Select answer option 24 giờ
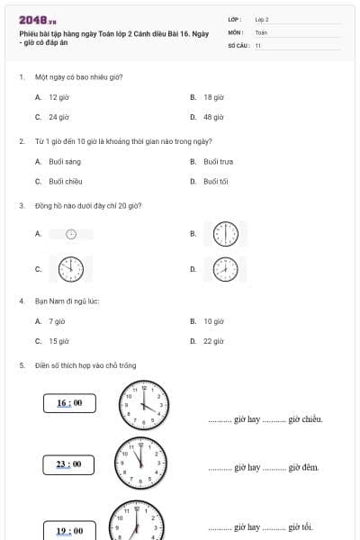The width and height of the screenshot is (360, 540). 58,117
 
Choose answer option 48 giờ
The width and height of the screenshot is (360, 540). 213,117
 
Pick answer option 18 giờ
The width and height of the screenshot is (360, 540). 213,96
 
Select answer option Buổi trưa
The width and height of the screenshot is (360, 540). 219,161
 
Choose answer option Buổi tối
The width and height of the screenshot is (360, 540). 216,181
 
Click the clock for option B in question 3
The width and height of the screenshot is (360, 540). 225,234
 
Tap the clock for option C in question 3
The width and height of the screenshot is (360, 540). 70,269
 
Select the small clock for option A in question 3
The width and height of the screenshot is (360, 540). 71,234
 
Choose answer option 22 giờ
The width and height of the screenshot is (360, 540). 213,341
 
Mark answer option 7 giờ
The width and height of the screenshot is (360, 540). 57,320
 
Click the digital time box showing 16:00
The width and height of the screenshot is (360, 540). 68,402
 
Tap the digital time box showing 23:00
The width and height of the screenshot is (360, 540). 68,464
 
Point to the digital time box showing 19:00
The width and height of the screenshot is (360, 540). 68,530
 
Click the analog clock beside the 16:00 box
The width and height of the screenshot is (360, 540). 145,404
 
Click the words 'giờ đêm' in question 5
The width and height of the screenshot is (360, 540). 304,468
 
